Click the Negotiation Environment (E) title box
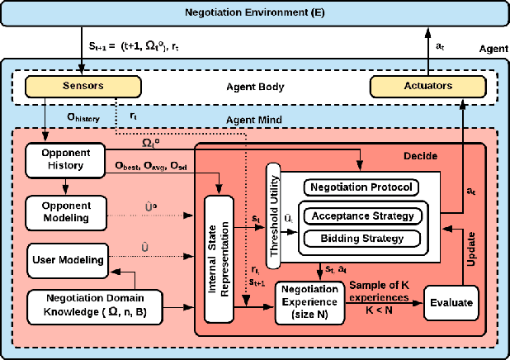(254, 14)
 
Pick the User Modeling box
(67, 259)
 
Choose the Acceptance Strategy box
(359, 216)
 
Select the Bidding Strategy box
(359, 239)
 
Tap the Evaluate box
(451, 303)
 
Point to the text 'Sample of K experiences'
(381, 290)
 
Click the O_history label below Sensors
(83, 118)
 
